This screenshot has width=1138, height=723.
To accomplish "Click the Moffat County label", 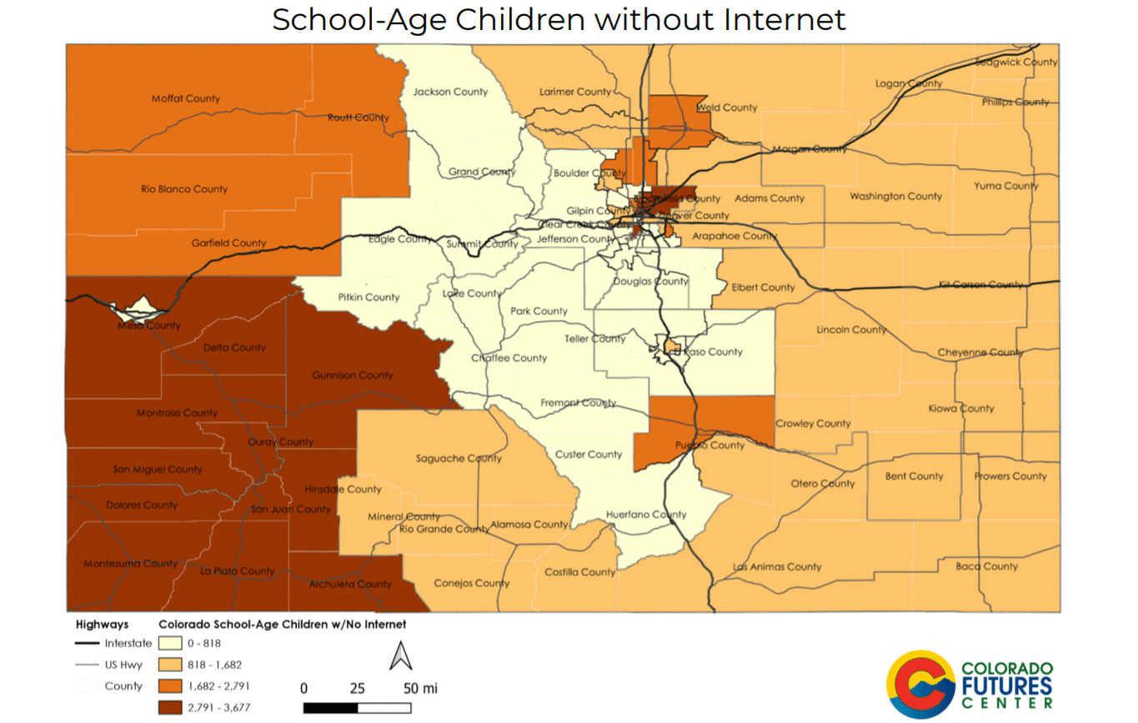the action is pos(185,98).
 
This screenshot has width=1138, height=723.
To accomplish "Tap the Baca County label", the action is pos(986,566).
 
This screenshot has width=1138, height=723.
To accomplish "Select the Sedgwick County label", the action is pos(1015,62).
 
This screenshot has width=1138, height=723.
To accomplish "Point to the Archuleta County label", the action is pos(350,584).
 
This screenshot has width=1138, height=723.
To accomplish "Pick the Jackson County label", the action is pos(450,92).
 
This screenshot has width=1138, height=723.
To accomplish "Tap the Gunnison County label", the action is pos(352,375).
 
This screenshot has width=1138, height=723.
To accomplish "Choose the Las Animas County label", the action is pos(777,567).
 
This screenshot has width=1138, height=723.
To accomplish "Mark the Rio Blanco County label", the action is pos(184,189).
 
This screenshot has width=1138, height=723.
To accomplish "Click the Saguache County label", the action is pos(459,459).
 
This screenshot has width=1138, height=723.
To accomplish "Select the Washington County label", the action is pos(895,197).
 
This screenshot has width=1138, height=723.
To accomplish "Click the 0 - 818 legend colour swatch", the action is pos(172,644).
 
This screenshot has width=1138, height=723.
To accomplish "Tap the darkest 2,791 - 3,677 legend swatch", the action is pos(172,707).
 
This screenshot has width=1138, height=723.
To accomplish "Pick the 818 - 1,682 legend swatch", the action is pos(172,665).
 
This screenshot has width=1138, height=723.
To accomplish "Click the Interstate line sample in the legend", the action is pos(87,644).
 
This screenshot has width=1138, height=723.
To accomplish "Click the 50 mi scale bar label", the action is pos(420,689).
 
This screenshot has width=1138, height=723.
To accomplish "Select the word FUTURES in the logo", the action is pos(1006,687).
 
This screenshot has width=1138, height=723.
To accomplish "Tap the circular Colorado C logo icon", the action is pos(920,684).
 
